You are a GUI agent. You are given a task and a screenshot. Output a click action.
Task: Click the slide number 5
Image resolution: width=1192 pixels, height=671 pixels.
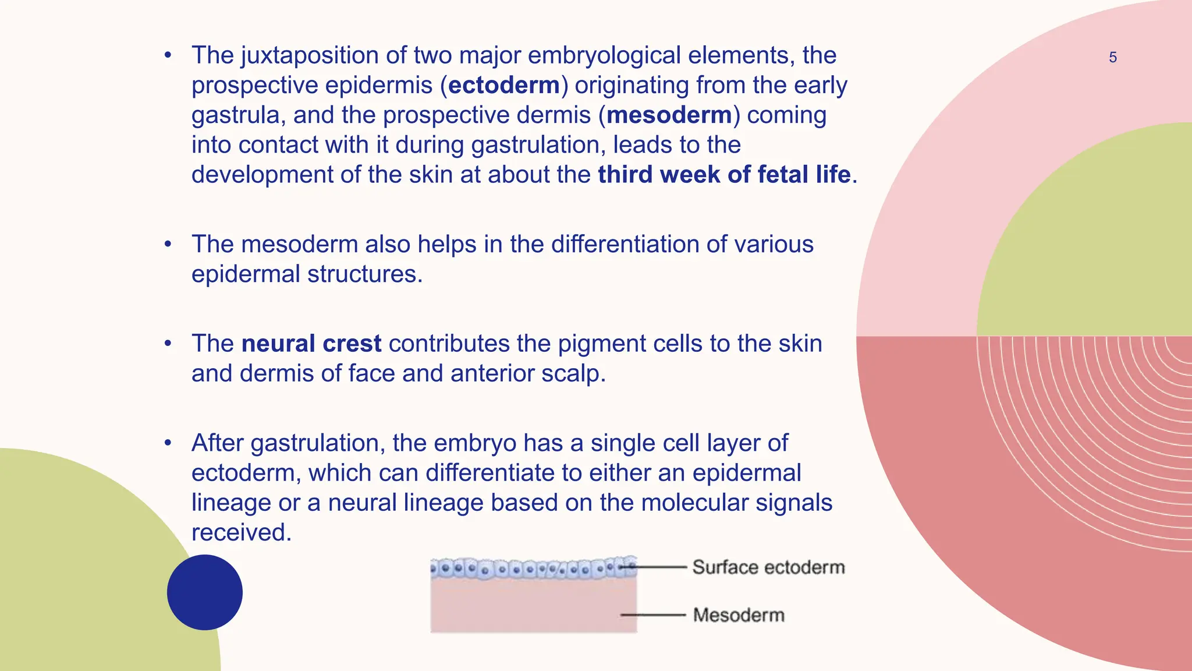[x=1112, y=58]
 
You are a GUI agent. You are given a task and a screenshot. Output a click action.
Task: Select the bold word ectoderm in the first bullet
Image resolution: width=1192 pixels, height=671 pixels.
[x=504, y=85]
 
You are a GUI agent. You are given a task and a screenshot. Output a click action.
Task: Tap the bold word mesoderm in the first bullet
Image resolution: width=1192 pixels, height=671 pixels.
[x=669, y=115]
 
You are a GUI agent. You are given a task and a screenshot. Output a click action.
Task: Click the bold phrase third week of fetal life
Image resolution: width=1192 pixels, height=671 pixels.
[x=724, y=174]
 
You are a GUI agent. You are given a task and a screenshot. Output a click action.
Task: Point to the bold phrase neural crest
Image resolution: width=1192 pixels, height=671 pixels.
[x=311, y=343]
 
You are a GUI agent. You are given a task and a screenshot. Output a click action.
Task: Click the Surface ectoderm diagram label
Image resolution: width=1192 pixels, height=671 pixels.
[x=768, y=567]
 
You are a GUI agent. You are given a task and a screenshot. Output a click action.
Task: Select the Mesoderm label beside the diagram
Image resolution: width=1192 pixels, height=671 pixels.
[x=739, y=615]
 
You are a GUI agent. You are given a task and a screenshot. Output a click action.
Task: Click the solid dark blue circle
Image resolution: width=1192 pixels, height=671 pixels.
[x=205, y=592]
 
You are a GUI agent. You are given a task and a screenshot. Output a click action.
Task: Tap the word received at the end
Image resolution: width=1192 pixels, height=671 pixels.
[x=240, y=532]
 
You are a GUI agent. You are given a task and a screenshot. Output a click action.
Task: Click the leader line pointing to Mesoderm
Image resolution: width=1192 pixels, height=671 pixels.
[x=654, y=615]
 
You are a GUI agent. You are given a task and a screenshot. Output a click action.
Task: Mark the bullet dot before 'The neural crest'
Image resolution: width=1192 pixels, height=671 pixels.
[x=168, y=343]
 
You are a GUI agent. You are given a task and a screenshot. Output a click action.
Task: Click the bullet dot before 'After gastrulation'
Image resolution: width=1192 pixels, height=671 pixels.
[x=168, y=443]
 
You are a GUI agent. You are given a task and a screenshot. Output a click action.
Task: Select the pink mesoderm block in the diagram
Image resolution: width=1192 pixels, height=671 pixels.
[x=533, y=606]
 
